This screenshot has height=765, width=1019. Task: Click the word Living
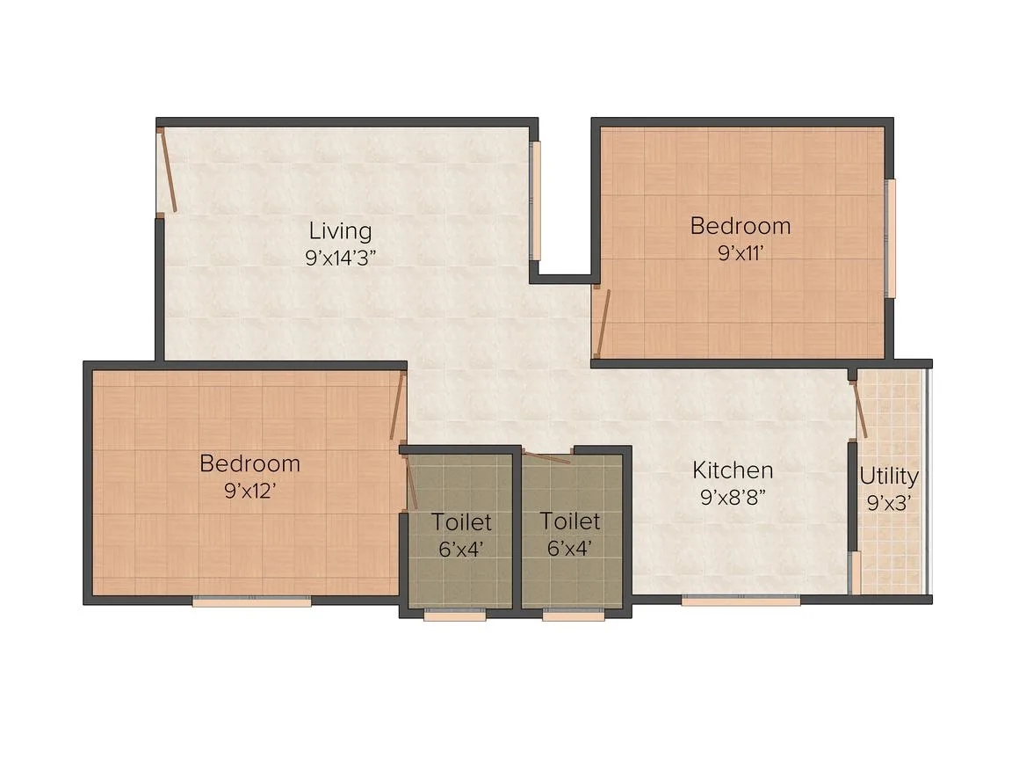point(340,231)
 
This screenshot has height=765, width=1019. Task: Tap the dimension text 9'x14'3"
point(341,259)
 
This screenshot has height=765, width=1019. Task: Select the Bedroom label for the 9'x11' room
point(741,226)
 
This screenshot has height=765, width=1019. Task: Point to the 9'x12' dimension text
point(250,491)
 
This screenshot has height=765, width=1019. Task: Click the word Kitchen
point(733,470)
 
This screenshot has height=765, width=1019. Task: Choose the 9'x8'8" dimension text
point(733,497)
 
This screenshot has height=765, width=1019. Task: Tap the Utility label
point(888,477)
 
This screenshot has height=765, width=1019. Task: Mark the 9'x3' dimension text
point(888,503)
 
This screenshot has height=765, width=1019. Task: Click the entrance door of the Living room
point(167,170)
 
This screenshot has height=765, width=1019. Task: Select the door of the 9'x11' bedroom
point(602,321)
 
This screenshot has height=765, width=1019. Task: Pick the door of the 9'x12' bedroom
point(397,406)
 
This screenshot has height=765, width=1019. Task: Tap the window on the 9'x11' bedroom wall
point(891,238)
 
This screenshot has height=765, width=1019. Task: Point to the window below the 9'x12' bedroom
point(251,602)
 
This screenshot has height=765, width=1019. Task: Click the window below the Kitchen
point(741,601)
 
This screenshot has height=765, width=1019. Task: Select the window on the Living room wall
point(536,201)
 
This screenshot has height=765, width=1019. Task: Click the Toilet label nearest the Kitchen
point(570,521)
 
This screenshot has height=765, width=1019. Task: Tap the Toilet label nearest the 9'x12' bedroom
point(461,521)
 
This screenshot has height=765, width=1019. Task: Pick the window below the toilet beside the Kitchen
point(573,614)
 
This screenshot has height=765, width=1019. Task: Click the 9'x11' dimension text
point(741,252)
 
